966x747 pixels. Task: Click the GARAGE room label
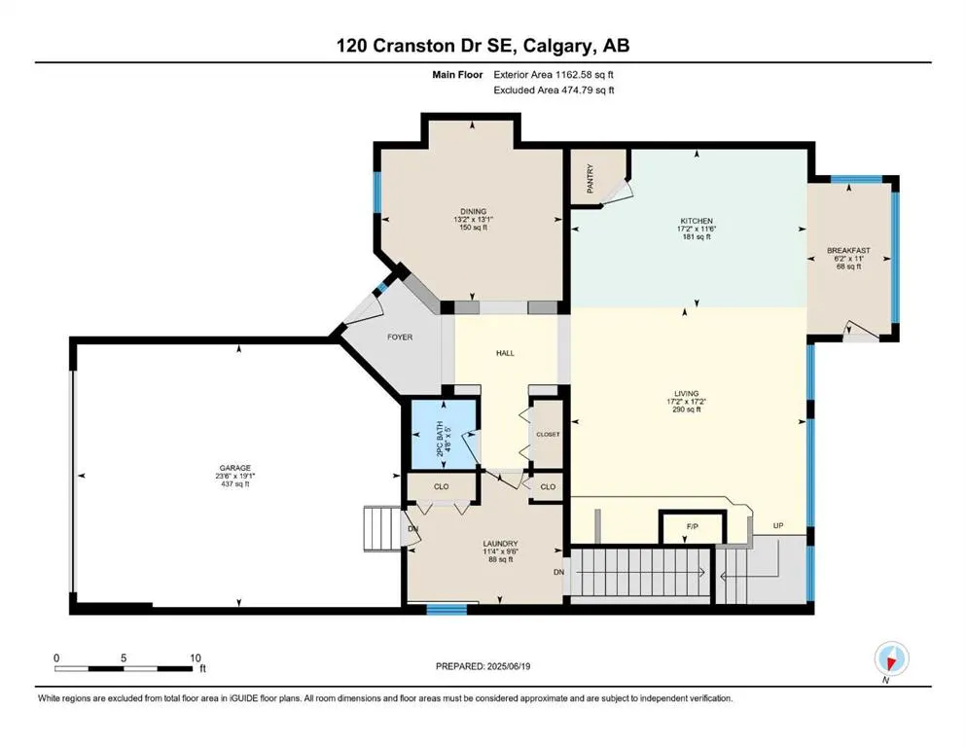point(234,468)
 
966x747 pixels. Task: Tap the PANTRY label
point(590,178)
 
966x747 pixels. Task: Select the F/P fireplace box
point(693,527)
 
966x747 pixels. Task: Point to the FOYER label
point(400,337)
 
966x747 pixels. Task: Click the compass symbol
point(891,658)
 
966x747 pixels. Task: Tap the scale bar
point(123,668)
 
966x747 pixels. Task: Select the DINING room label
point(473,211)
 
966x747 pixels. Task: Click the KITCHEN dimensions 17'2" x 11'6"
point(697,229)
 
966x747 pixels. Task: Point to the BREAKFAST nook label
point(848,251)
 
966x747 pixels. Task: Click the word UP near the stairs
point(778,526)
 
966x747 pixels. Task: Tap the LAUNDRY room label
point(500,544)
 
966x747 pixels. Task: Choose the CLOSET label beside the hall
point(548,434)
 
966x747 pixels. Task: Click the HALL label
point(505,353)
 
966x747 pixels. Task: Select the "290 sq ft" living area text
point(686,409)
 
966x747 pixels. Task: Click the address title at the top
point(483,46)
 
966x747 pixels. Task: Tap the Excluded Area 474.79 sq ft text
point(554,89)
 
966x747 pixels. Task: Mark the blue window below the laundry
point(447,610)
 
